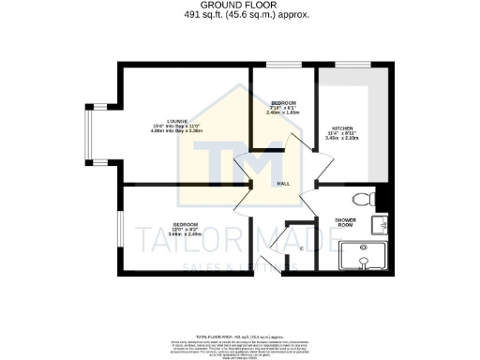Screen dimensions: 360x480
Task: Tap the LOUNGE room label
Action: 177,121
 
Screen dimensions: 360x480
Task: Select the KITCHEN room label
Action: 342,127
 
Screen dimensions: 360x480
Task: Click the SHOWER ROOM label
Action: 346,223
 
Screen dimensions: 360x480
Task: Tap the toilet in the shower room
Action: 371,198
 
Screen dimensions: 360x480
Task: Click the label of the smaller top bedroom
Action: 283,102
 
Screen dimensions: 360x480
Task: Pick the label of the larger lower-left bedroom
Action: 185,224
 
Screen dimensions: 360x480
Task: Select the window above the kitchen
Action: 347,65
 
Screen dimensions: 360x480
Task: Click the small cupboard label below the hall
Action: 301,248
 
